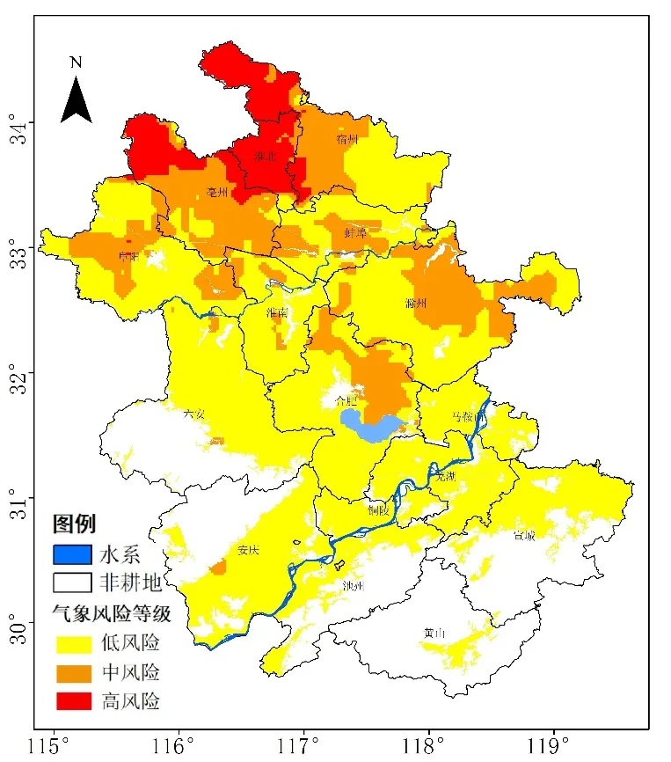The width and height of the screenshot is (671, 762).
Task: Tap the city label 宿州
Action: point(347,139)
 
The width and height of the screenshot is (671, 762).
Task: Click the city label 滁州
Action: point(416,304)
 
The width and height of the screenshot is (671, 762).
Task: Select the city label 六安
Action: point(194,413)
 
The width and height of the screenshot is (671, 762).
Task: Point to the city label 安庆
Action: point(248,550)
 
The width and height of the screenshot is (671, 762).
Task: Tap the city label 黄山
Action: point(433,633)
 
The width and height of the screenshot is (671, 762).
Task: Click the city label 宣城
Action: point(525,534)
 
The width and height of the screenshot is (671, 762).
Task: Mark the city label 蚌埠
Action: point(355,232)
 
